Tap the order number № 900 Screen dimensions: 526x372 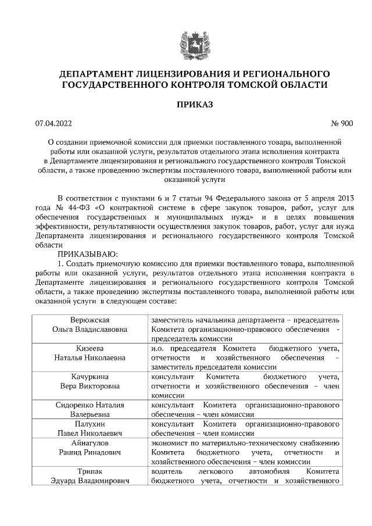coord(341,123)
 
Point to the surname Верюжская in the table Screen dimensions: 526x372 coord(90,320)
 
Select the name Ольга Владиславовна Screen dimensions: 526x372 coord(90,330)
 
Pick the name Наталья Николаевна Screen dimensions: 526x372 coord(90,357)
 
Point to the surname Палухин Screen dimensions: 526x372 coord(90,424)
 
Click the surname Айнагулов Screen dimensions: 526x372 coord(90,442)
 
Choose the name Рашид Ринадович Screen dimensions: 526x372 coord(90,452)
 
